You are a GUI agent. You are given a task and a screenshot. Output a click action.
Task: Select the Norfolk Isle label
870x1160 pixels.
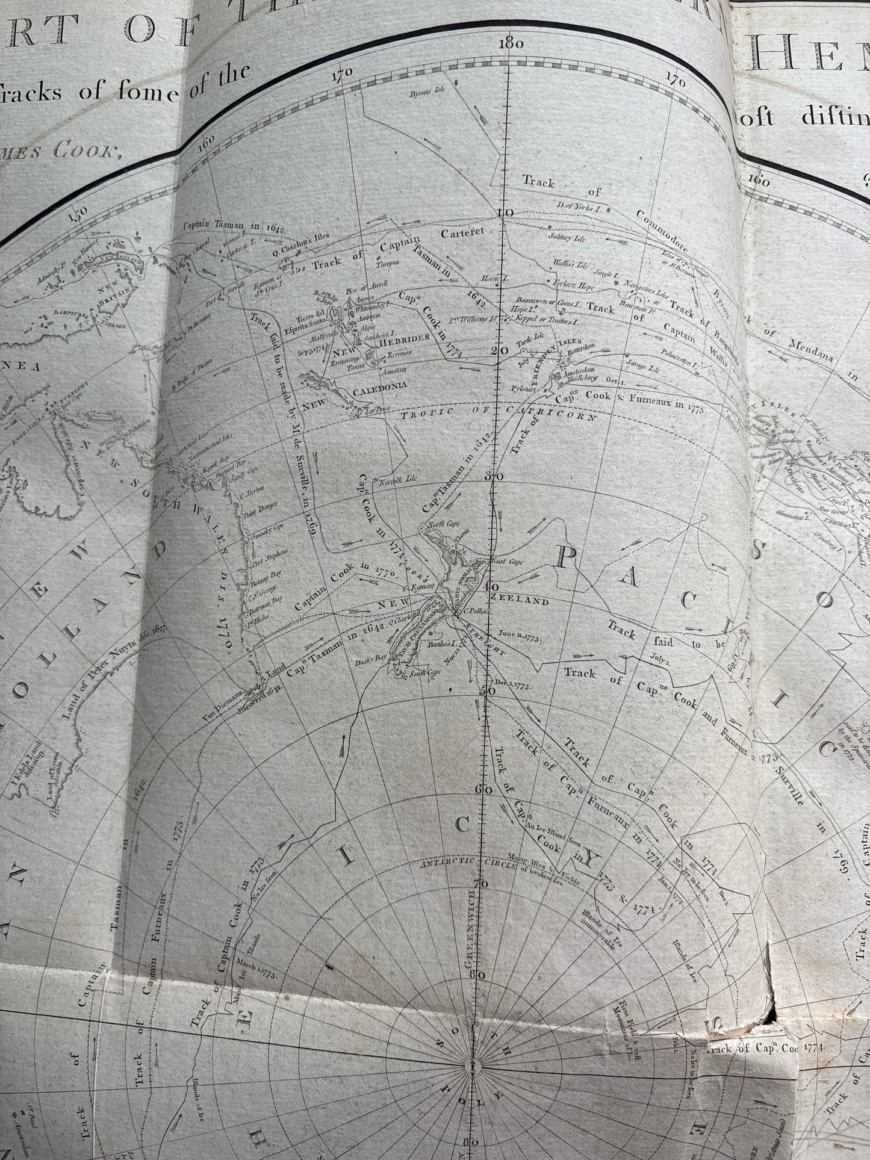click(394, 482)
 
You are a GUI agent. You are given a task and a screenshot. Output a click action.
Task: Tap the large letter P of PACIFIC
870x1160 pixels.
click(567, 557)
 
